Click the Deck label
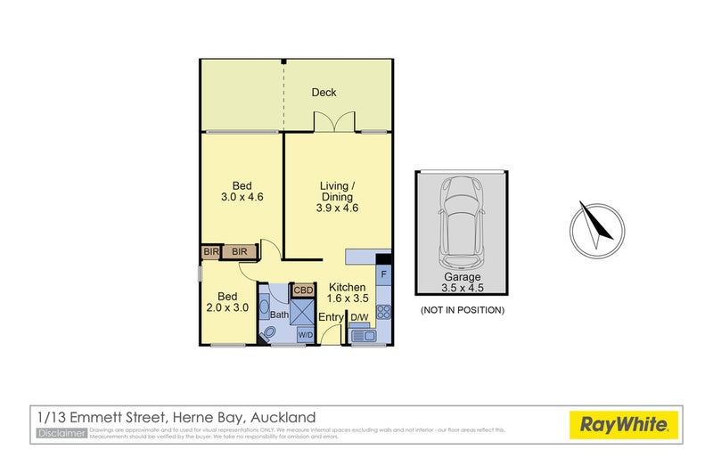coord(324,93)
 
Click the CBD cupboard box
coord(304,290)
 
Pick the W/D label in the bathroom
coord(305,334)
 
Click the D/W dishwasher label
coord(359,317)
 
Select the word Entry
coord(331,317)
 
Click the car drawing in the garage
coord(461,223)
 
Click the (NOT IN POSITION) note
coord(462,310)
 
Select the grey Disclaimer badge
coord(61,433)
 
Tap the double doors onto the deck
coord(336,123)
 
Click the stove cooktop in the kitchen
coord(383,312)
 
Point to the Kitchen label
coord(348,287)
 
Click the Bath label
coord(280,314)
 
